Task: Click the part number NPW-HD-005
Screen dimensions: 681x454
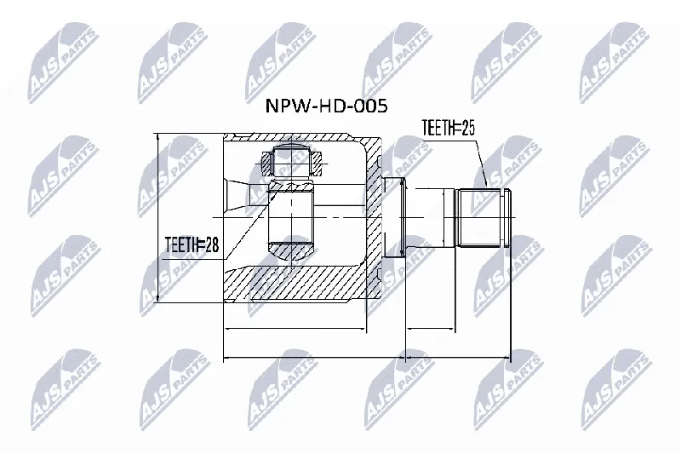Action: [x=326, y=106]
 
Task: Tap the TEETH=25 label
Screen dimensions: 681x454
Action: [x=449, y=128]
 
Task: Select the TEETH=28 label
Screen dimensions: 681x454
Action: [x=192, y=245]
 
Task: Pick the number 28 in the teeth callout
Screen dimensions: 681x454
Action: [x=212, y=245]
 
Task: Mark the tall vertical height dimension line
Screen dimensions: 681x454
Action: [x=158, y=218]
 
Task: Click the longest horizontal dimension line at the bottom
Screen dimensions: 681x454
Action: [x=367, y=359]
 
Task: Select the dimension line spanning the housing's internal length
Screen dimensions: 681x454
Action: [x=295, y=329]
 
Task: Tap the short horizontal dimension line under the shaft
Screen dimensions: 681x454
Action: [x=431, y=329]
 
